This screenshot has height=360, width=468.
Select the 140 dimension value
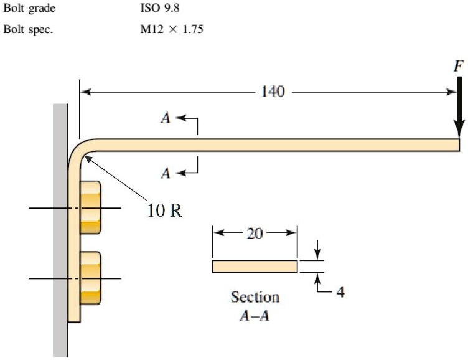point(273,92)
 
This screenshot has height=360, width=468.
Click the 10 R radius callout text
point(165,210)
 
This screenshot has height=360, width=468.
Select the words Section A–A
point(255,306)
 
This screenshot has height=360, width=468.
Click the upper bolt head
point(91,207)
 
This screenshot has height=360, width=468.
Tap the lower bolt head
point(91,278)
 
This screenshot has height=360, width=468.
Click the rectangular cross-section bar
point(255,267)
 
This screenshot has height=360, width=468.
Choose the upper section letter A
point(166,118)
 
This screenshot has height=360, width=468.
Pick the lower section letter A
point(166,173)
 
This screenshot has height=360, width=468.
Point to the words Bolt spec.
point(27,30)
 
